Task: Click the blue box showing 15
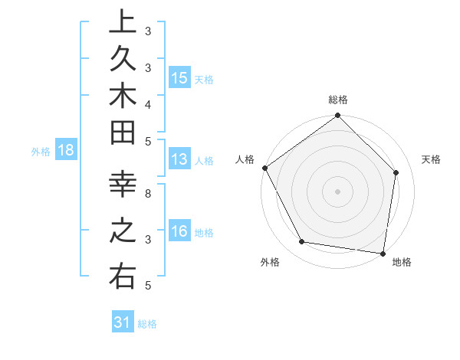click(x=179, y=78)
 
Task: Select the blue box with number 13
click(x=179, y=159)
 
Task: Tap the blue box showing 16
click(x=179, y=231)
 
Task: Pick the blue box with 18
click(x=66, y=150)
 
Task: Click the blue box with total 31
click(x=123, y=322)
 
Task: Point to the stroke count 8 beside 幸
click(x=148, y=193)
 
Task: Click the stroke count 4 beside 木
click(x=148, y=103)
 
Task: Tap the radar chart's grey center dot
click(x=337, y=191)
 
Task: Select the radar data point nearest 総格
click(x=337, y=116)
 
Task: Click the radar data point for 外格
click(x=301, y=242)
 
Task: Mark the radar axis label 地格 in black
click(x=402, y=263)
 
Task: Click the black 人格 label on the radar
click(x=245, y=159)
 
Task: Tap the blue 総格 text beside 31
click(x=147, y=324)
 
